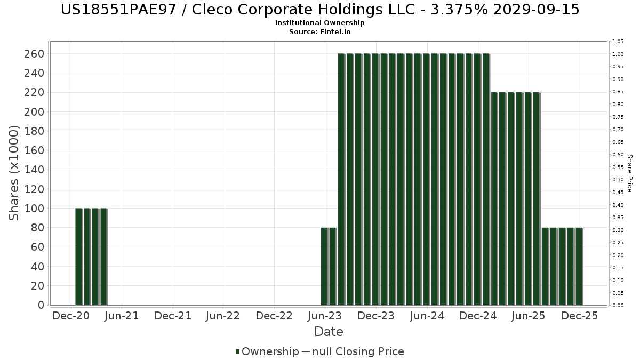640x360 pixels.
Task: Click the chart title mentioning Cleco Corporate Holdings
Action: coord(320,10)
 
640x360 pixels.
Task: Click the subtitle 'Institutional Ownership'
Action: coord(320,23)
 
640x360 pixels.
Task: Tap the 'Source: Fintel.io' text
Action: coord(320,32)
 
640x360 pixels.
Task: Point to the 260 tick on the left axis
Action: coord(34,54)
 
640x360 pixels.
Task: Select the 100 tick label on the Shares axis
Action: coord(34,209)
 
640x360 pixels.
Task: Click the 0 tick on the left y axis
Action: coord(39,305)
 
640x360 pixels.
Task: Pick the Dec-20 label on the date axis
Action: coord(71,316)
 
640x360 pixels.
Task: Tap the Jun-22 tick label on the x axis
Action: coord(222,316)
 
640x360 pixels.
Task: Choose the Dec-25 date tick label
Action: coord(579,316)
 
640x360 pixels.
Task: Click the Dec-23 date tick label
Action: coord(376,316)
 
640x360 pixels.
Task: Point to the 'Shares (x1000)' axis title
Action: coord(14,173)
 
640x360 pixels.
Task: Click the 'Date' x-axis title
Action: coord(329,332)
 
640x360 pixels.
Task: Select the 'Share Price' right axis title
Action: coord(629,173)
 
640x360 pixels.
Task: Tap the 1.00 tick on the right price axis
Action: coord(618,54)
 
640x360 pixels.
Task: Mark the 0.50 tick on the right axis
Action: coord(618,180)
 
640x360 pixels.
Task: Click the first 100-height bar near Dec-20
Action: coord(78,256)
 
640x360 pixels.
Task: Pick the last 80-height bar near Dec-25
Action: coord(579,267)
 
